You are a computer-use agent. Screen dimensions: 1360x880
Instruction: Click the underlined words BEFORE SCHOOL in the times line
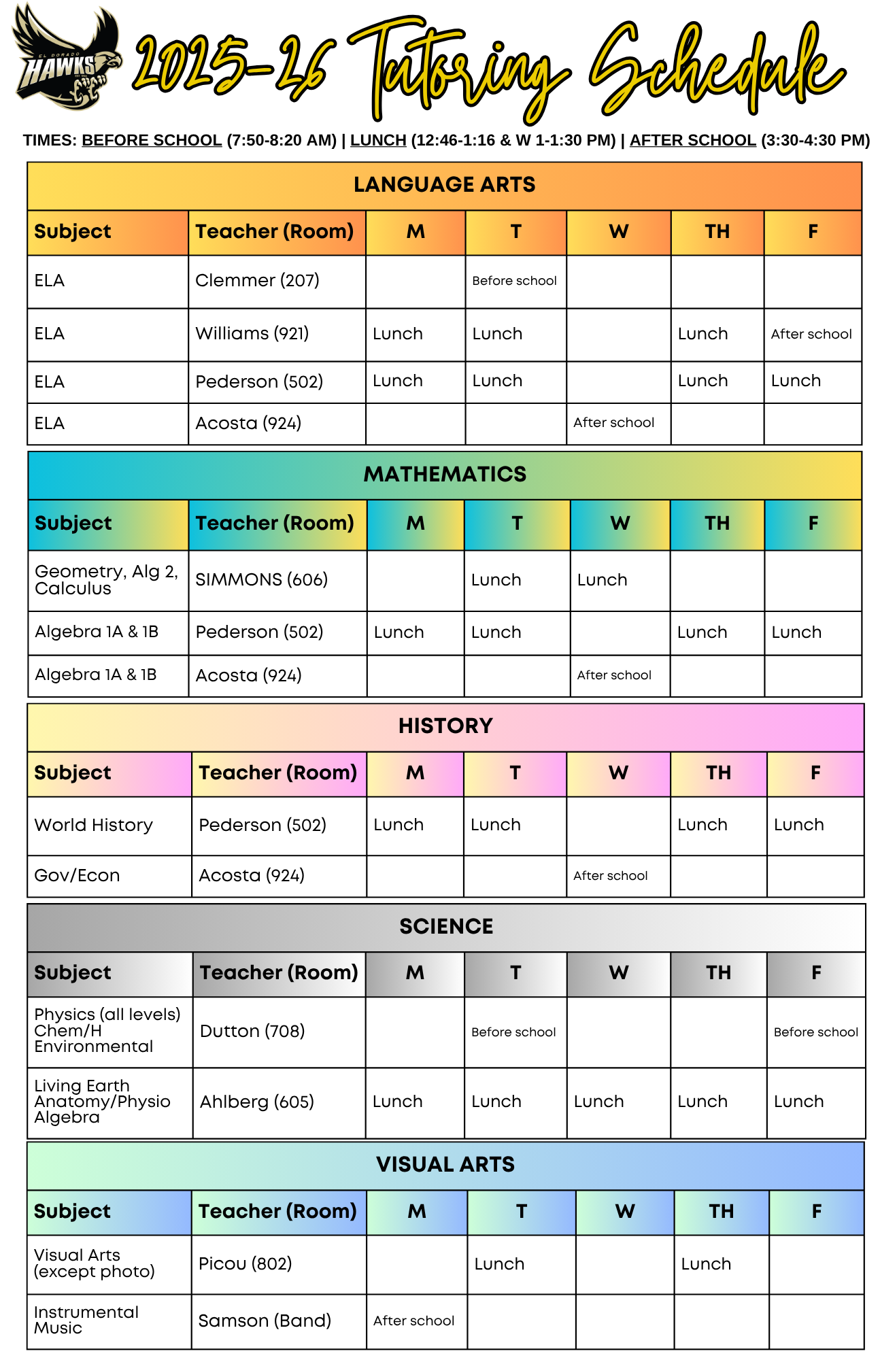pyautogui.click(x=152, y=141)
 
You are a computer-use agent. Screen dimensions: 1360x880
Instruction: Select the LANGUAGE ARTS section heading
pyautogui.click(x=444, y=185)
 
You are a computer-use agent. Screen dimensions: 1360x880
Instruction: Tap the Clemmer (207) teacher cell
pyautogui.click(x=257, y=280)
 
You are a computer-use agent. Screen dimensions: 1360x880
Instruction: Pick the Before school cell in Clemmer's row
pyautogui.click(x=515, y=281)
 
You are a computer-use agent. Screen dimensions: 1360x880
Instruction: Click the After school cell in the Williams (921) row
pyautogui.click(x=811, y=334)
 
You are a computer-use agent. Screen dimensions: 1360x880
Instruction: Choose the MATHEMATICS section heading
pyautogui.click(x=445, y=474)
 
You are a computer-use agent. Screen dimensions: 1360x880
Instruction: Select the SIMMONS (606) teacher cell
pyautogui.click(x=261, y=579)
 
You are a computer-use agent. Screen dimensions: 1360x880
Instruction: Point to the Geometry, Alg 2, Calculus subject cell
pyautogui.click(x=107, y=580)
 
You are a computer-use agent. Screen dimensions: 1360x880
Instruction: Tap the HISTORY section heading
pyautogui.click(x=445, y=726)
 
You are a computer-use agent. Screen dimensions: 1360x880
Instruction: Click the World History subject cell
pyautogui.click(x=94, y=825)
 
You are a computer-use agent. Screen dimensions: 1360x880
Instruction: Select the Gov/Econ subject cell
pyautogui.click(x=78, y=875)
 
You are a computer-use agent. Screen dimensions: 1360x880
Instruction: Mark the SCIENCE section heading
pyautogui.click(x=446, y=926)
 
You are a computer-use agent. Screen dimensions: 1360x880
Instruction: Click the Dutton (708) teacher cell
pyautogui.click(x=252, y=1031)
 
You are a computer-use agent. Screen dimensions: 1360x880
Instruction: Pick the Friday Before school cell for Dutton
pyautogui.click(x=815, y=1032)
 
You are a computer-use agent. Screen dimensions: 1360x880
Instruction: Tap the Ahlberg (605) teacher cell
pyautogui.click(x=257, y=1102)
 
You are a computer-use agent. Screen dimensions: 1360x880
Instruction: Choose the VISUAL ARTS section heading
pyautogui.click(x=445, y=1164)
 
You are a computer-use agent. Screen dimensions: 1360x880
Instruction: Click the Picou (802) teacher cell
pyautogui.click(x=245, y=1263)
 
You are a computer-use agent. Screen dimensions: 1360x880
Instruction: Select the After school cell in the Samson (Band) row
pyautogui.click(x=413, y=1321)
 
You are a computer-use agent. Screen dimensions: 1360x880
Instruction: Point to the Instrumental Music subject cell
pyautogui.click(x=86, y=1320)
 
